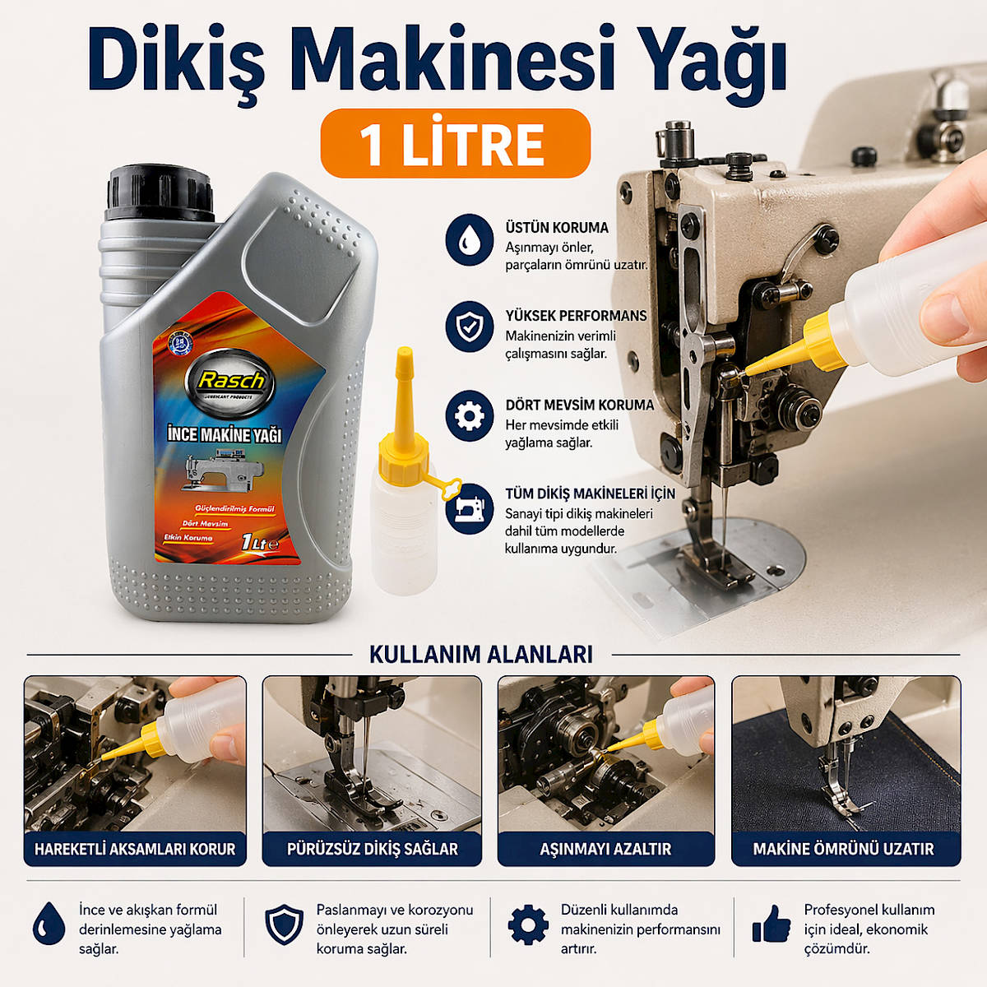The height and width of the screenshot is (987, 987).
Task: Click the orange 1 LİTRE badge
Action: [x=455, y=144]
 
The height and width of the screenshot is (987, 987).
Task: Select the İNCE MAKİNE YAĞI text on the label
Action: [x=225, y=433]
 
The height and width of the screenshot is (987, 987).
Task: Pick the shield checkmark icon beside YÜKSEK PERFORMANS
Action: [x=469, y=327]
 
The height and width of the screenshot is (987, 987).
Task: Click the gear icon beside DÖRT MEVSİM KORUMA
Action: [x=469, y=415]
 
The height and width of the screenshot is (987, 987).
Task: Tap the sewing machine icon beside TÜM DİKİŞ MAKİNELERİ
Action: [x=469, y=509]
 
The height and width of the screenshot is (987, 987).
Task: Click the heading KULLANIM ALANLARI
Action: [x=481, y=655]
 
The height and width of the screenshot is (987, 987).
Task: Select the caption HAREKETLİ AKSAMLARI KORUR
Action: [x=135, y=849]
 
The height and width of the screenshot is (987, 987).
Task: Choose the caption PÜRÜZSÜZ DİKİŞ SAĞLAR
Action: [x=372, y=849]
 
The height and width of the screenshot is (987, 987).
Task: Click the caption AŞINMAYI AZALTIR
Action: [x=605, y=849]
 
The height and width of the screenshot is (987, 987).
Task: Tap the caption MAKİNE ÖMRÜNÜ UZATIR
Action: [x=844, y=849]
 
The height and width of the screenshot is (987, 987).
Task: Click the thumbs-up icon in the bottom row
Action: [x=771, y=925]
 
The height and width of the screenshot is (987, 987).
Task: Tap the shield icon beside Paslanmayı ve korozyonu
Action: [x=285, y=925]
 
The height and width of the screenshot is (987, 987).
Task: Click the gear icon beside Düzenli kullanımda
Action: [x=528, y=925]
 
